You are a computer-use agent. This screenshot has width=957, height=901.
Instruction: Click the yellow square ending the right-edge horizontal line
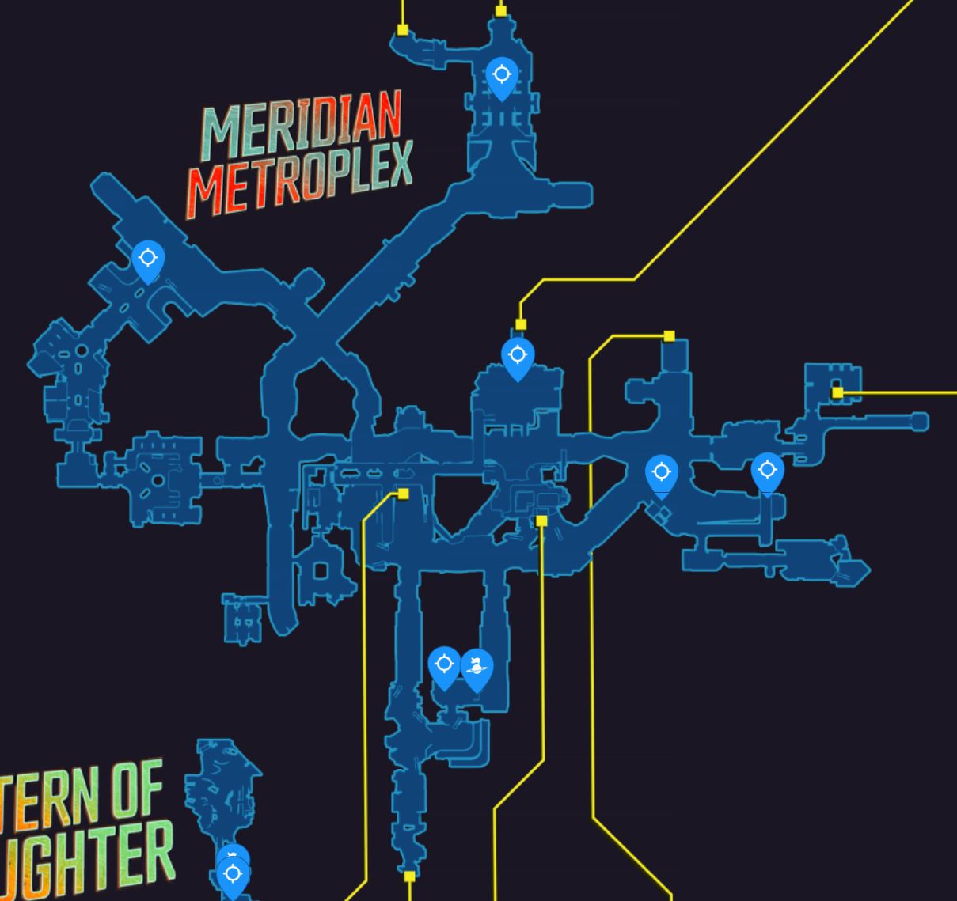[837, 392]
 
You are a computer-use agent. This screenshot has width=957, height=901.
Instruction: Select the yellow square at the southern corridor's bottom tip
[409, 876]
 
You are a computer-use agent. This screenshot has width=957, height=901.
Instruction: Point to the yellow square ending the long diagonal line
[521, 324]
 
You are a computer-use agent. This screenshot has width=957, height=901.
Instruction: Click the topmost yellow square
[501, 10]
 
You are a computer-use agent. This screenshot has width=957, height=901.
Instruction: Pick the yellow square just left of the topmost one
[403, 30]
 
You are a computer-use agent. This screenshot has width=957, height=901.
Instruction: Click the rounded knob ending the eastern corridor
[919, 422]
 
